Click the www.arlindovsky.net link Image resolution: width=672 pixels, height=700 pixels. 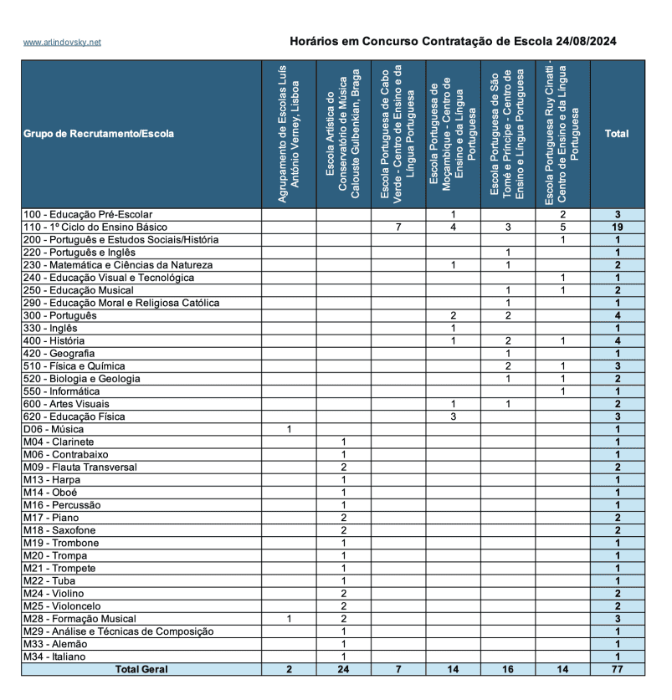click(x=62, y=42)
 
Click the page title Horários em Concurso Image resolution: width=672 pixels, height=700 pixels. click(x=453, y=41)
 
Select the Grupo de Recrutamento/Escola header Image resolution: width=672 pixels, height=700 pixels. click(x=99, y=134)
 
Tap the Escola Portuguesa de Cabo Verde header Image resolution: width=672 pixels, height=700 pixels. click(x=398, y=134)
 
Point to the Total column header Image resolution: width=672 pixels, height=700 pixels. click(x=617, y=134)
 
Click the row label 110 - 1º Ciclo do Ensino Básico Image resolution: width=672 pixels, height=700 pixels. click(x=95, y=227)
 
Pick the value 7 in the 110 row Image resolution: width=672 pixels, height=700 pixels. click(x=398, y=227)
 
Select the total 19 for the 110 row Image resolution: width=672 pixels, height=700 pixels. click(x=617, y=227)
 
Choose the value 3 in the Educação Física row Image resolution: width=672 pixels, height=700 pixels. click(x=453, y=416)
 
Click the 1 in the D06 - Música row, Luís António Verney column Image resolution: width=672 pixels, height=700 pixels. click(x=289, y=429)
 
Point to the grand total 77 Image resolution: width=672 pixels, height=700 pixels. click(x=617, y=669)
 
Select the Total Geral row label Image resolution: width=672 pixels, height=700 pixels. click(x=141, y=669)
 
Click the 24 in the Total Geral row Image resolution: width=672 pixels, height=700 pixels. click(x=344, y=669)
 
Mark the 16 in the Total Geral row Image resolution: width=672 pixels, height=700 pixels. click(x=508, y=669)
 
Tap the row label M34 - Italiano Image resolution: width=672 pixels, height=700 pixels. click(x=54, y=657)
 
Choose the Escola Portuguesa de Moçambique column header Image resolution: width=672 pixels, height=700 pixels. click(x=453, y=134)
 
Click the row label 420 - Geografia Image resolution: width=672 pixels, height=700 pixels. click(x=59, y=354)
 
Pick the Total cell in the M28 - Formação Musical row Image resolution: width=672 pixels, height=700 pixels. click(x=617, y=619)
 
